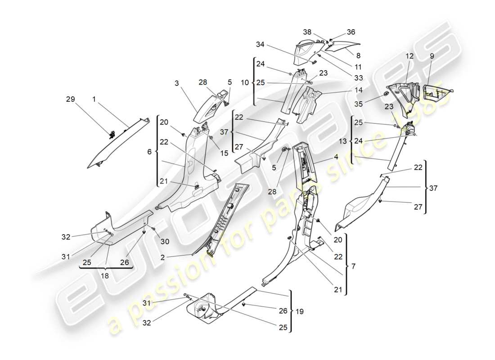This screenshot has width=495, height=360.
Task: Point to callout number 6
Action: [x=149, y=152]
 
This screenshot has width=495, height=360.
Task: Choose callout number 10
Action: [x=244, y=83]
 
